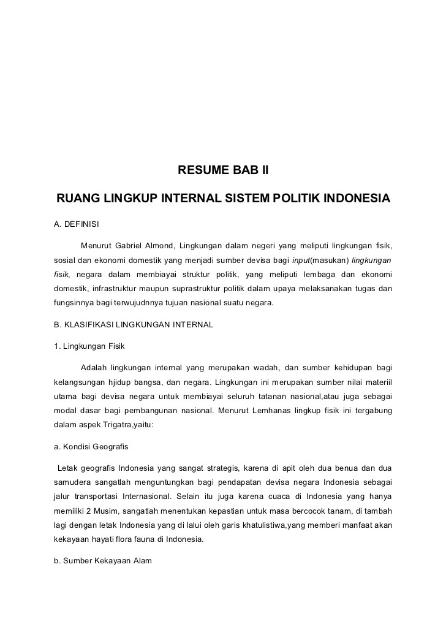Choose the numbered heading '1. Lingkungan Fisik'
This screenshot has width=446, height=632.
pyautogui.click(x=89, y=346)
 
